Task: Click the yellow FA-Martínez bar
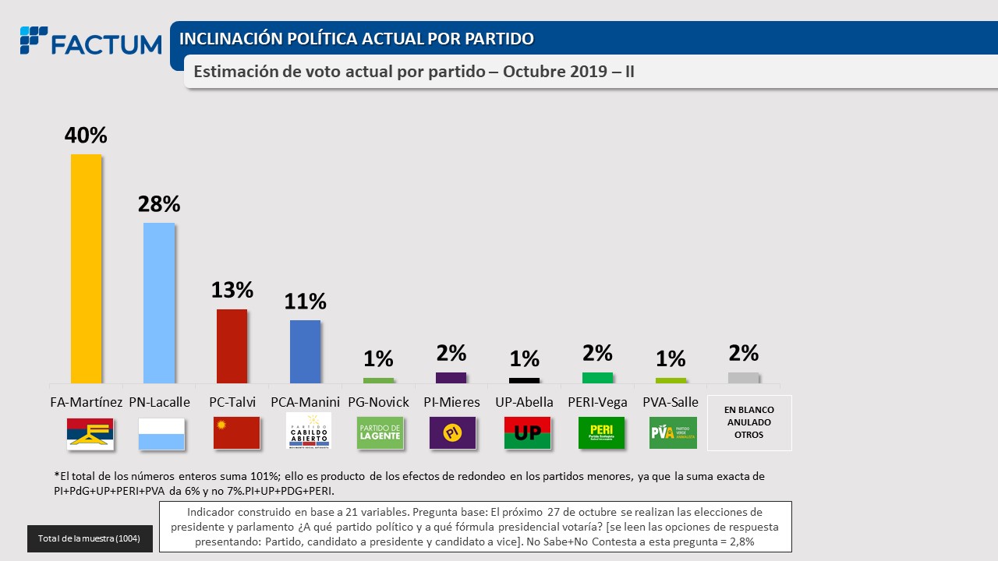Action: (x=86, y=268)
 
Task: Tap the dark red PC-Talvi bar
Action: (x=232, y=346)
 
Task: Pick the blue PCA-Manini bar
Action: (x=305, y=351)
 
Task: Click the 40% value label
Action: (x=86, y=136)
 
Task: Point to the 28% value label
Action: (x=159, y=204)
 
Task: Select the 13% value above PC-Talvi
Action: (x=232, y=290)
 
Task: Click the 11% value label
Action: (x=305, y=301)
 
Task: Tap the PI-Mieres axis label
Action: (x=451, y=402)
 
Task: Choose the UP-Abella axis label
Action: (x=525, y=402)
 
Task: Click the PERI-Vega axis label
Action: (x=598, y=402)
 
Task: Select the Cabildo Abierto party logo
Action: (x=309, y=432)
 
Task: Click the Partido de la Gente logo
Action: (x=380, y=432)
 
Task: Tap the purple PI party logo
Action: (x=452, y=432)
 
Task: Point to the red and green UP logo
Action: (x=527, y=432)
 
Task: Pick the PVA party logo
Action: (x=673, y=432)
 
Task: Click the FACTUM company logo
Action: (x=90, y=42)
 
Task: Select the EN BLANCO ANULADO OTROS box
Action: (x=748, y=422)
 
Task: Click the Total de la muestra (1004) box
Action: (x=90, y=538)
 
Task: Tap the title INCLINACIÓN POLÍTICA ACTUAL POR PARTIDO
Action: (x=356, y=38)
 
